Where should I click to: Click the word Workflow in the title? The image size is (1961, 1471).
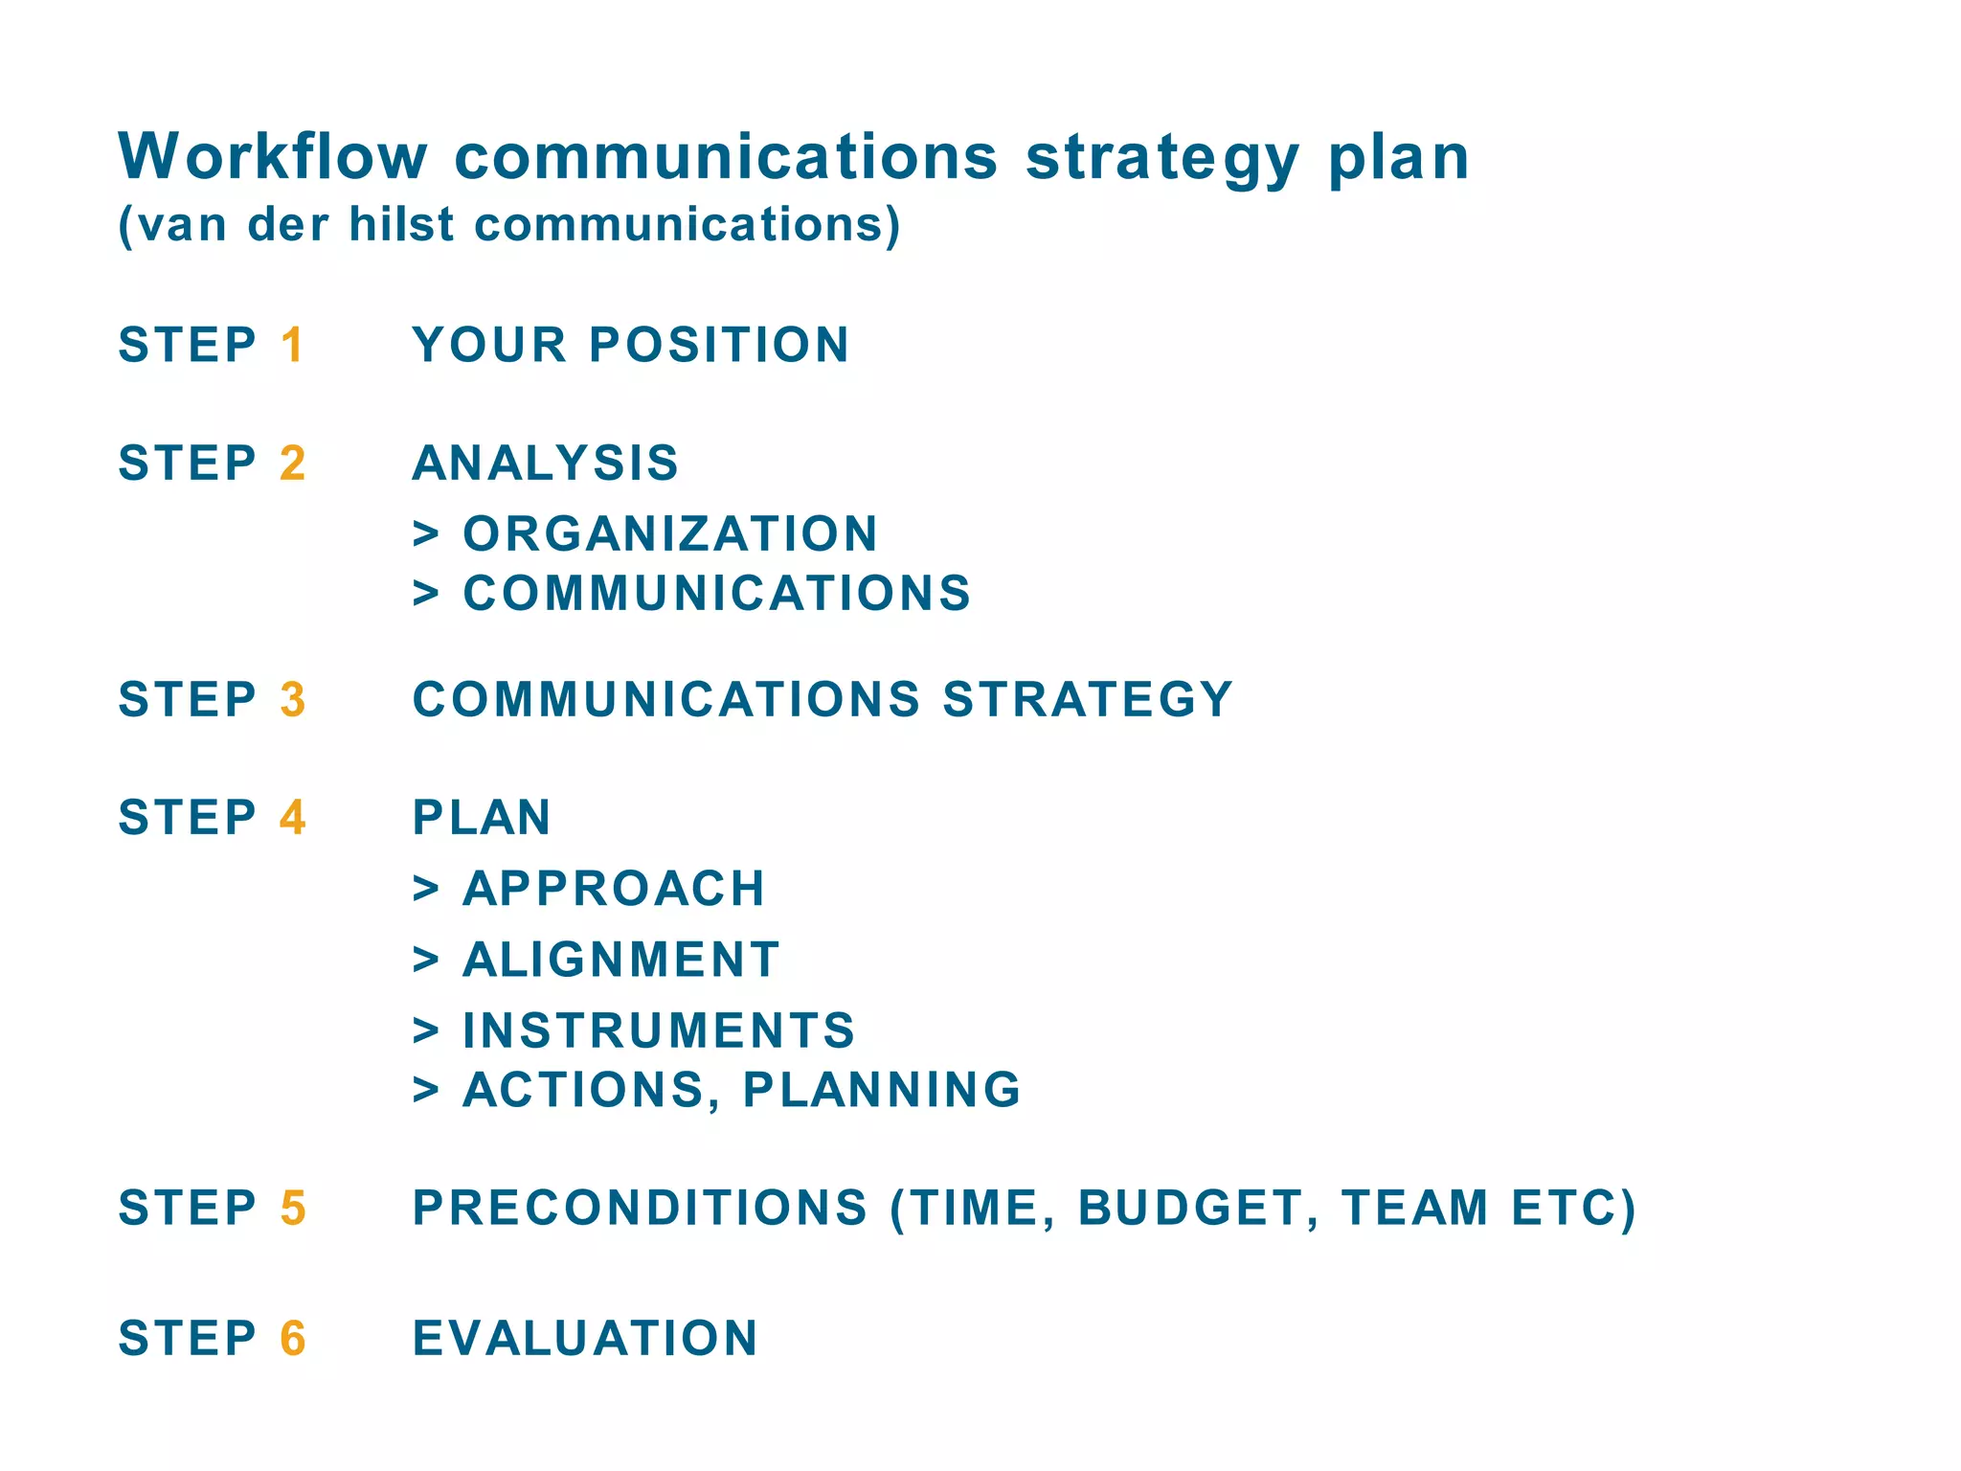coord(273,156)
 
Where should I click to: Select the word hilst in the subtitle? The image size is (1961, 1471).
coord(401,224)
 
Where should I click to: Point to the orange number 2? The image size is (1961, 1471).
coord(293,464)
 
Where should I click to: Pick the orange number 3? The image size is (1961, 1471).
coord(293,699)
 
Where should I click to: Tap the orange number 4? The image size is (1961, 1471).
coord(293,818)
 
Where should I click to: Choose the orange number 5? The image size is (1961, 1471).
coord(293,1208)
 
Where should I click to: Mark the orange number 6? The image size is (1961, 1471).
coord(293,1338)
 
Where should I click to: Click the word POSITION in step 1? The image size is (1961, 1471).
coord(719,345)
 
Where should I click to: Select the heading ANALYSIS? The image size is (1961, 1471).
coord(546,464)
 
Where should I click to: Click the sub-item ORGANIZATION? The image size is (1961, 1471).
coord(670,534)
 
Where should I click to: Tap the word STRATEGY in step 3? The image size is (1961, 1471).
coord(1088,699)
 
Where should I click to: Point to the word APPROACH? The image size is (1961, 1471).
coord(614,889)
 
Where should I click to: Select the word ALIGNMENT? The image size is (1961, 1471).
coord(621,960)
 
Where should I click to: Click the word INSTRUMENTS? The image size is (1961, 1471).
coord(659,1030)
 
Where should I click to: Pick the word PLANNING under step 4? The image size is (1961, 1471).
coord(882,1090)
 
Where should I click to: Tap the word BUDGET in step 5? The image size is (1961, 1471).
coord(1191,1208)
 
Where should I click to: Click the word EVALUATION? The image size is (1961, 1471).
coord(585,1338)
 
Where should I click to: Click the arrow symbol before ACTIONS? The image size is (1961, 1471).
coord(426,1091)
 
